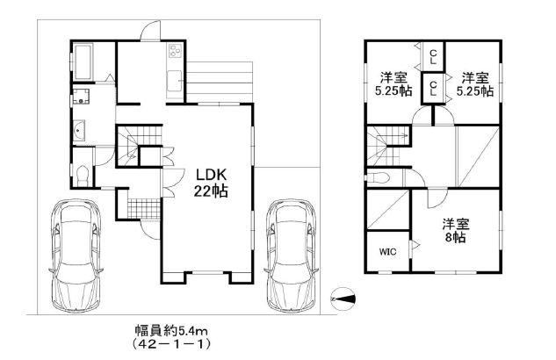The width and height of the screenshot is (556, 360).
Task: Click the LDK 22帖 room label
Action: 211,182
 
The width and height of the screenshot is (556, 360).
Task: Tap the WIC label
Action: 387,252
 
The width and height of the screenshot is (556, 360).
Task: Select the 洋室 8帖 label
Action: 454,230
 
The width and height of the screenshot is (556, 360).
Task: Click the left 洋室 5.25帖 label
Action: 393,83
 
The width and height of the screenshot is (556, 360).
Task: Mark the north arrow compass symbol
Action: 344,299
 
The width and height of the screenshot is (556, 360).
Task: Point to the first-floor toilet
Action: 82,175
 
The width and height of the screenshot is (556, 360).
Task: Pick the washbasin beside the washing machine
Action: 82,133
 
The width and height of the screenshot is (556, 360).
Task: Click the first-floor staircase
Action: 135,140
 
